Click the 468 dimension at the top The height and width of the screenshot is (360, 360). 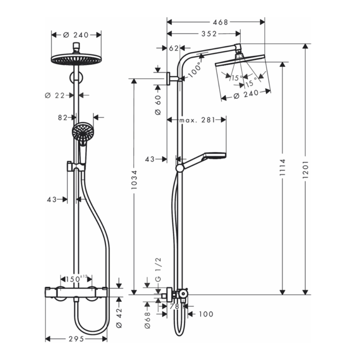pyautogui.click(x=221, y=22)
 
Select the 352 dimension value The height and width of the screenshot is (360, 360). pyautogui.click(x=209, y=34)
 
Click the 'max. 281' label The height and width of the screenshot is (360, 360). pyautogui.click(x=197, y=120)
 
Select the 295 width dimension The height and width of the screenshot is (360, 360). pyautogui.click(x=76, y=339)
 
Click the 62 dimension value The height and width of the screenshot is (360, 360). pyautogui.click(x=174, y=48)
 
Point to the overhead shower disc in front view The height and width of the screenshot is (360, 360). pyautogui.click(x=76, y=59)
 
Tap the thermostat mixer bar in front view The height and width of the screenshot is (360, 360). pyautogui.click(x=76, y=292)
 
